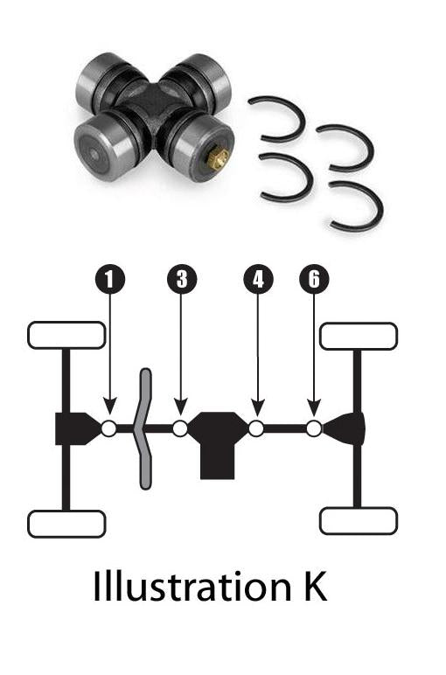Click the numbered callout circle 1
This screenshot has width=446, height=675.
[109, 280]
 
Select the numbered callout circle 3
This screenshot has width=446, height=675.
[181, 280]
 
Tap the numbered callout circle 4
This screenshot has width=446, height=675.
[257, 280]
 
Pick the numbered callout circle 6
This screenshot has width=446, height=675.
[314, 280]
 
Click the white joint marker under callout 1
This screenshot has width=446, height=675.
[109, 428]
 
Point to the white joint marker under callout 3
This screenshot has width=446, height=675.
[180, 428]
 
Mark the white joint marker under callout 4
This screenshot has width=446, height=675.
[256, 428]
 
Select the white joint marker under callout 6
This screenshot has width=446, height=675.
[314, 428]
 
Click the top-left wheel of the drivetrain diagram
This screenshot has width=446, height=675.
[66, 335]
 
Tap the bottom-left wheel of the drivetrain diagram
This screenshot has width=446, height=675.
[66, 524]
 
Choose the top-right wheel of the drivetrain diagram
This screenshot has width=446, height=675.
[359, 336]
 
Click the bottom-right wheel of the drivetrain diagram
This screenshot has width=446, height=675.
[359, 521]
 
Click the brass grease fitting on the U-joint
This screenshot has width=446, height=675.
[219, 158]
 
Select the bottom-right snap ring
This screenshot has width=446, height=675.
[356, 207]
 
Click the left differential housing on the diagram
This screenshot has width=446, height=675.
[77, 428]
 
